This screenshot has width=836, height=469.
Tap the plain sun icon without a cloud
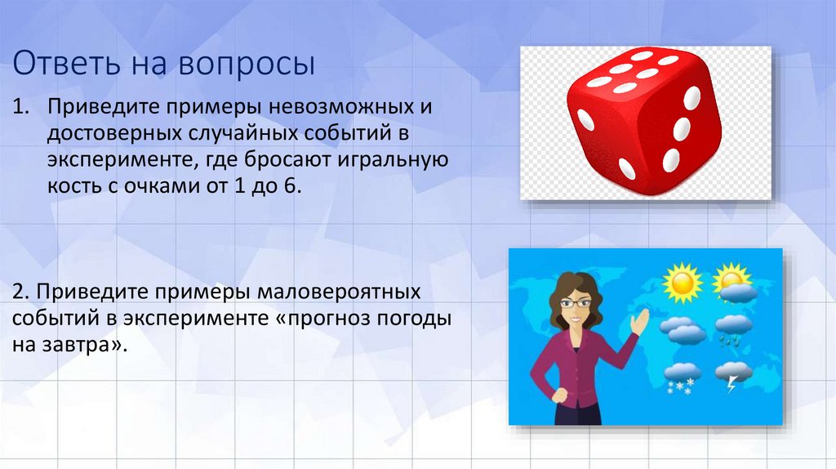(682, 282)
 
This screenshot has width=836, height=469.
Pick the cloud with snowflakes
(682, 376)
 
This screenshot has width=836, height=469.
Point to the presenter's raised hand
(639, 319)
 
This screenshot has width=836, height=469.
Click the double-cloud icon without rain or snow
(682, 329)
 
